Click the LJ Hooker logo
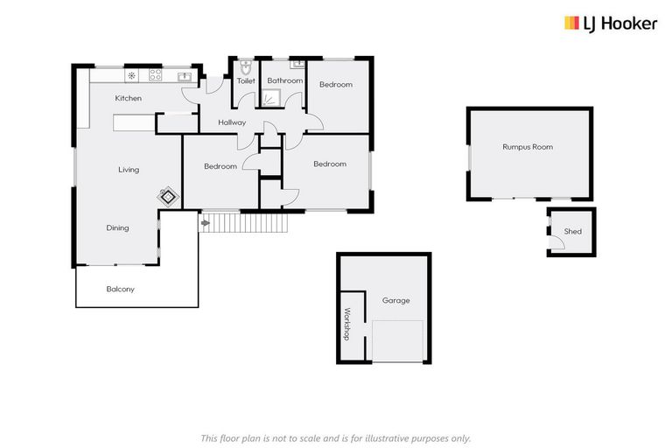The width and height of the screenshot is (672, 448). pyautogui.click(x=610, y=24)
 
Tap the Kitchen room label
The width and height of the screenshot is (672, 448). pyautogui.click(x=128, y=98)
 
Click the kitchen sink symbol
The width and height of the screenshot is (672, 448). pyautogui.click(x=185, y=76)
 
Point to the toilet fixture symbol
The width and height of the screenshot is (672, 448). pyautogui.click(x=246, y=67)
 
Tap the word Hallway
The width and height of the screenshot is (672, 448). pyautogui.click(x=232, y=122)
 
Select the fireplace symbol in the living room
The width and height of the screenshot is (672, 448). pyautogui.click(x=167, y=198)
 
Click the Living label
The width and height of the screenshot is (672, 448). pyautogui.click(x=129, y=170)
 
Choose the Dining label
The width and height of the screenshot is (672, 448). pyautogui.click(x=118, y=228)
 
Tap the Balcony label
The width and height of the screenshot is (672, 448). pyautogui.click(x=121, y=289)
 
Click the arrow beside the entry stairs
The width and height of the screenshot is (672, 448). pyautogui.click(x=206, y=224)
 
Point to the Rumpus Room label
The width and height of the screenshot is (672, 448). pyautogui.click(x=527, y=147)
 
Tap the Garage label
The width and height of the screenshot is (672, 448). pyautogui.click(x=395, y=300)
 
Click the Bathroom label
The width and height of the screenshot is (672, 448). pyautogui.click(x=284, y=81)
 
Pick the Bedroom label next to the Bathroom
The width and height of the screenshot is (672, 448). pyautogui.click(x=335, y=84)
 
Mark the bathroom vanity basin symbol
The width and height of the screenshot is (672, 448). pyautogui.click(x=297, y=64)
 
